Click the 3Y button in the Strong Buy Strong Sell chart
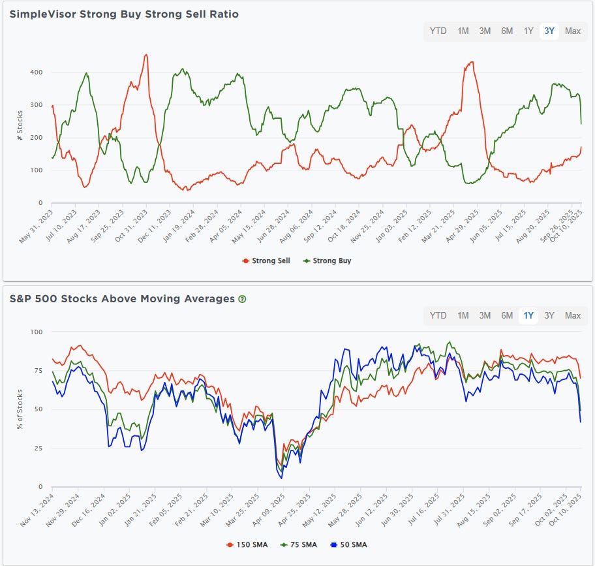pos(549,31)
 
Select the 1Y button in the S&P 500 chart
pos(528,316)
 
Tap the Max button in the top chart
pos(573,31)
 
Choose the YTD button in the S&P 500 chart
pos(438,316)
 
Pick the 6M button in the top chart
pos(507,31)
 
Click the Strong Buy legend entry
pos(328,260)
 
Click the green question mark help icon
pos(243,299)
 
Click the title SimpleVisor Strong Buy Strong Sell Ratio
pos(124,14)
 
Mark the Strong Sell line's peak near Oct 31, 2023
pos(146,55)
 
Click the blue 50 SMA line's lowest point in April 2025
pos(281,479)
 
